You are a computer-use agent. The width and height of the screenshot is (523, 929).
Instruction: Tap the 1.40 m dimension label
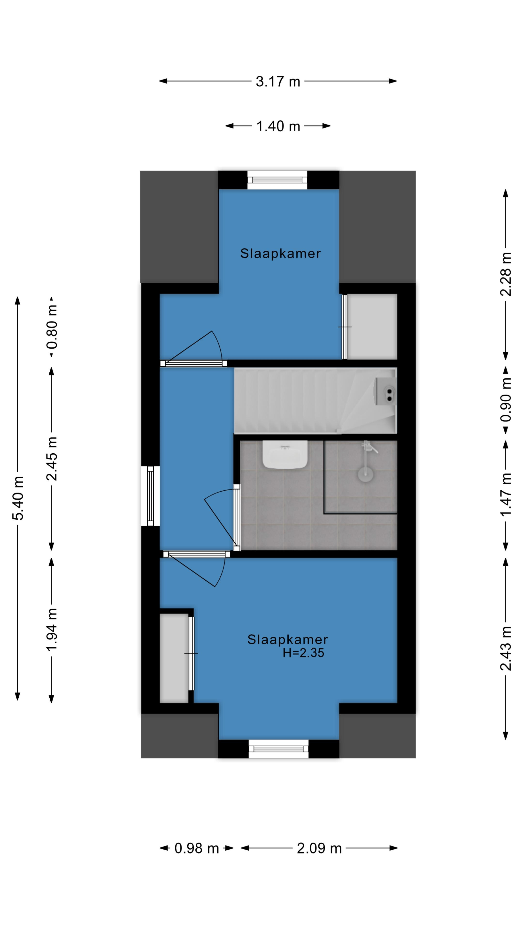tap(278, 126)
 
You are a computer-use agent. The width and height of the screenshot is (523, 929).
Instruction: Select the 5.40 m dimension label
tap(18, 498)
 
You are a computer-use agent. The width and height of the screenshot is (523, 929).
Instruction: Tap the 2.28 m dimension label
tap(506, 274)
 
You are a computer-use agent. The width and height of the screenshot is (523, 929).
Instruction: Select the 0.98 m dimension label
tap(197, 848)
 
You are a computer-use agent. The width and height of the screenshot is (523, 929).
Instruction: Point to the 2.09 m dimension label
tap(319, 848)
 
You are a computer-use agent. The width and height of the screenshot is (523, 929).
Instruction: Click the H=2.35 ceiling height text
tap(303, 653)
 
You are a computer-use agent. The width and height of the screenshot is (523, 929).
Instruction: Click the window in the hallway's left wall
tap(150, 496)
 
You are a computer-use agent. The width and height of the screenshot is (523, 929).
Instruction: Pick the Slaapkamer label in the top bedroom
tap(280, 254)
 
